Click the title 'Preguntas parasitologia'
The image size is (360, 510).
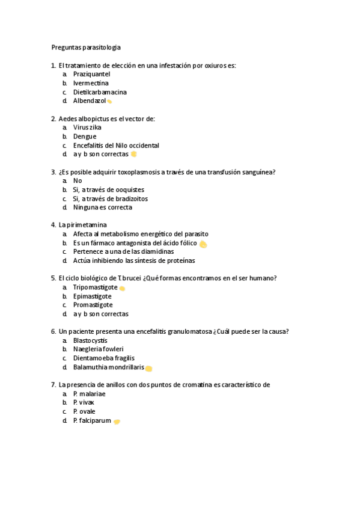[x=85, y=47]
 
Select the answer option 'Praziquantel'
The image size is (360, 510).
[x=91, y=74]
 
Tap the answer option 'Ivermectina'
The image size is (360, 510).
[x=91, y=83]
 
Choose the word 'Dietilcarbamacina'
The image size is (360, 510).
[x=100, y=92]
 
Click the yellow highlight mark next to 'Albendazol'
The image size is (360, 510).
[x=109, y=102]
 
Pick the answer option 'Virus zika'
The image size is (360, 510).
[x=87, y=127]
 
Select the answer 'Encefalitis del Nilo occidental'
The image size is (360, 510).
[x=116, y=146]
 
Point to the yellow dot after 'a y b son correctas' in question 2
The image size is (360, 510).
[x=133, y=154]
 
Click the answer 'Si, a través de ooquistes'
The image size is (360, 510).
[x=109, y=189]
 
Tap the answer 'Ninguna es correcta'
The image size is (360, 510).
[x=103, y=207]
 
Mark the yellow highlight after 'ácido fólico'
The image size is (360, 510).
[x=203, y=244]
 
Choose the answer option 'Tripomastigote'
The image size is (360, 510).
[x=96, y=287]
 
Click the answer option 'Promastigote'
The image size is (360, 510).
[x=93, y=305]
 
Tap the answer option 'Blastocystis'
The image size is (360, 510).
[x=91, y=340]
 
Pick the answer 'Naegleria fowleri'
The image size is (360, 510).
[x=99, y=349]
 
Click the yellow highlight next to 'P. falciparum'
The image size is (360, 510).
[x=117, y=422]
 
